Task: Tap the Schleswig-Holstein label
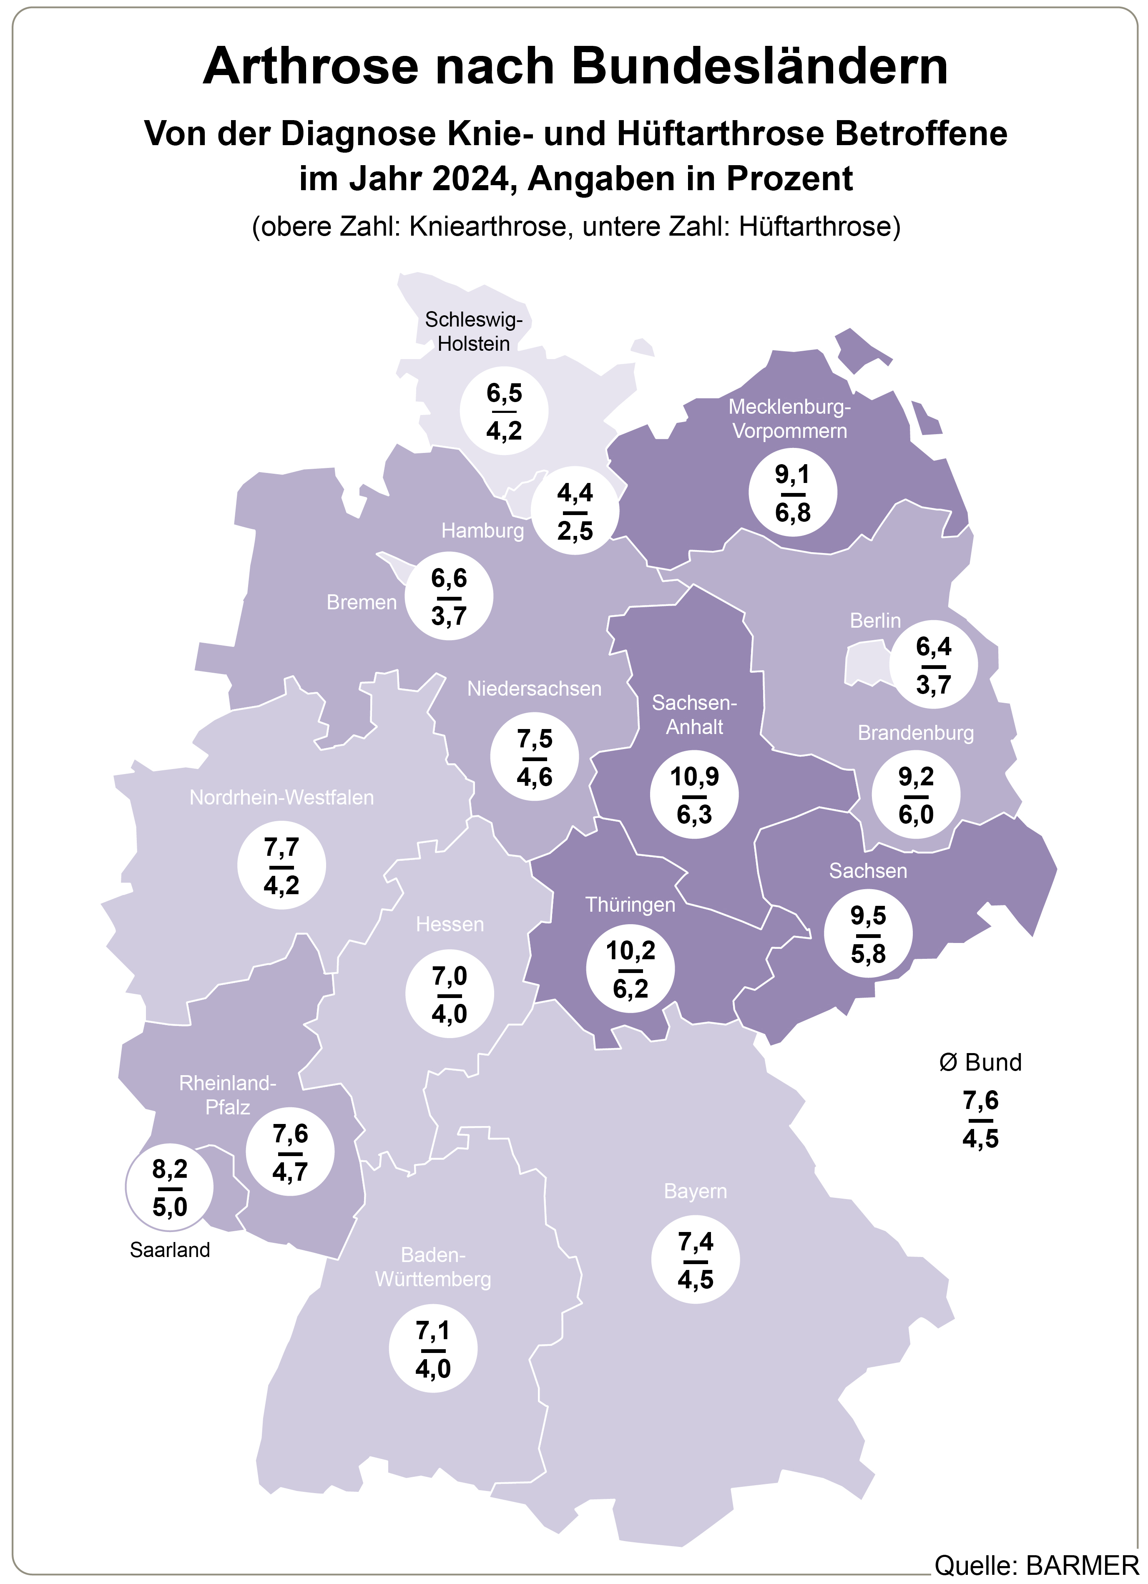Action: click(x=473, y=332)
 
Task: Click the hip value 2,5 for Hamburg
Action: click(x=575, y=531)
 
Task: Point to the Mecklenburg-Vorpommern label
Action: click(x=790, y=419)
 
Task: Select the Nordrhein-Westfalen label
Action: click(x=281, y=797)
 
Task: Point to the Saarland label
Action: click(x=170, y=1250)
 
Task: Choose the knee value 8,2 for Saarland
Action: click(x=170, y=1169)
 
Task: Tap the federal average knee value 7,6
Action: click(x=980, y=1101)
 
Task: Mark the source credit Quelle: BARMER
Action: click(x=1036, y=1566)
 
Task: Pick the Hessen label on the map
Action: click(x=450, y=925)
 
